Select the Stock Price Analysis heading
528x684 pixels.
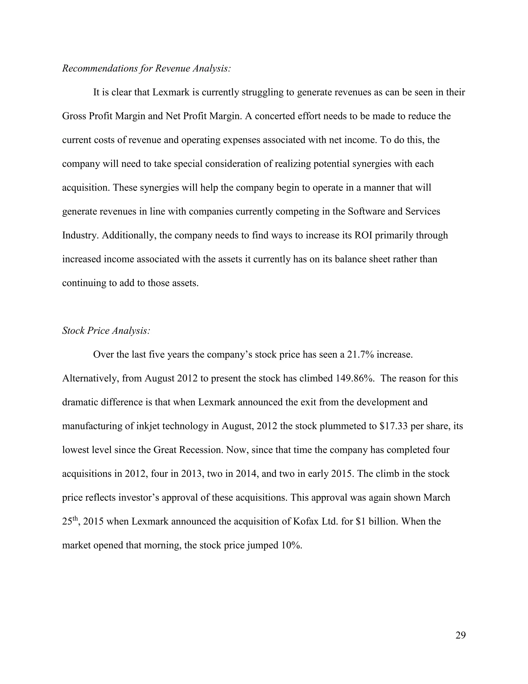click(x=106, y=330)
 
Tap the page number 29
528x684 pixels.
click(x=460, y=635)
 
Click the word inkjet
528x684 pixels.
click(x=154, y=426)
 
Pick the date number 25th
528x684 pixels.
click(x=69, y=521)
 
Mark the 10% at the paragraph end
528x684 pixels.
click(x=292, y=545)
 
